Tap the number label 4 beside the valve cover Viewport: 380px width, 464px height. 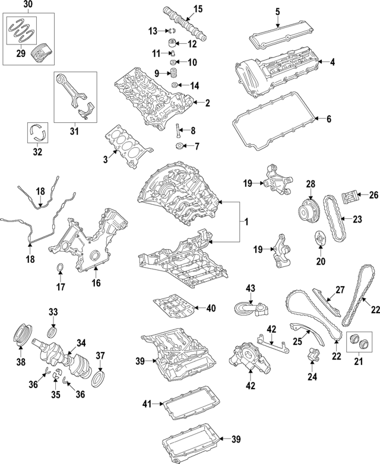(332, 62)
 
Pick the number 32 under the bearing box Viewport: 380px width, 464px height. (37, 152)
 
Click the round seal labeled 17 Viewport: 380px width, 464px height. (60, 272)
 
